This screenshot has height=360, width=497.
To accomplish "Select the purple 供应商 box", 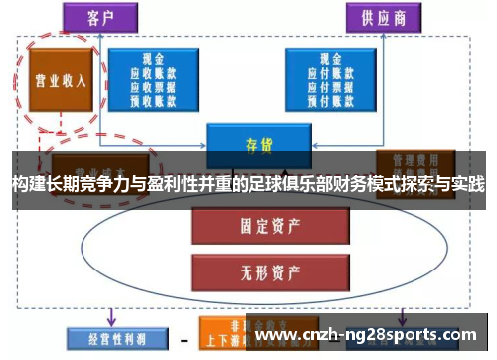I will pos(384,17).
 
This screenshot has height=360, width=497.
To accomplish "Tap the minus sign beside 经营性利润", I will pos(184,339).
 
